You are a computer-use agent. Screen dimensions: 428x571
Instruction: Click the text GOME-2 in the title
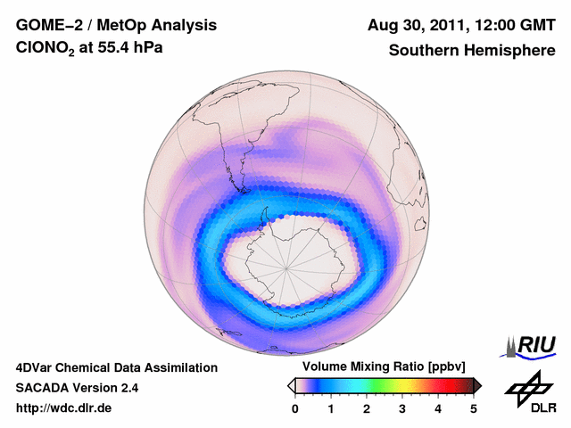coord(47,24)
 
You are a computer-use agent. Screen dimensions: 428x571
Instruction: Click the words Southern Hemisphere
coord(472,51)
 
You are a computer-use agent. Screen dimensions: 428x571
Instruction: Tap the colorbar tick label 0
coord(295,408)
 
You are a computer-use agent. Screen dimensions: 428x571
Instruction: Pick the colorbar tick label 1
coord(331,408)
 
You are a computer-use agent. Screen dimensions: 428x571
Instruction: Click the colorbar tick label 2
coord(367,408)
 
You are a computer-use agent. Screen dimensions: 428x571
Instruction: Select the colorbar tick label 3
coord(402,408)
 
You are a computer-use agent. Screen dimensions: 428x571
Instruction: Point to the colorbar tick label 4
coord(438,408)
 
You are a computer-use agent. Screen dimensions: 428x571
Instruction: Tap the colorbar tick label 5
coord(474,408)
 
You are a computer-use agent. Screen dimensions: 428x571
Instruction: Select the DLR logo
coord(529,393)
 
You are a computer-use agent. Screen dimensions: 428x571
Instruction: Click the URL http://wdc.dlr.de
coord(64,408)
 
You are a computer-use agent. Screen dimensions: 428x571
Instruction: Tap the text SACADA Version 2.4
coord(77,388)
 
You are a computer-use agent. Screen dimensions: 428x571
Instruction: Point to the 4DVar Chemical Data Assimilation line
coord(116,367)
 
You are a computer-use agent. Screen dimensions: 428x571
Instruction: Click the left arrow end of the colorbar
coord(291,385)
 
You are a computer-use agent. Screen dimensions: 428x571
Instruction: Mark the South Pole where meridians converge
coord(286,266)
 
